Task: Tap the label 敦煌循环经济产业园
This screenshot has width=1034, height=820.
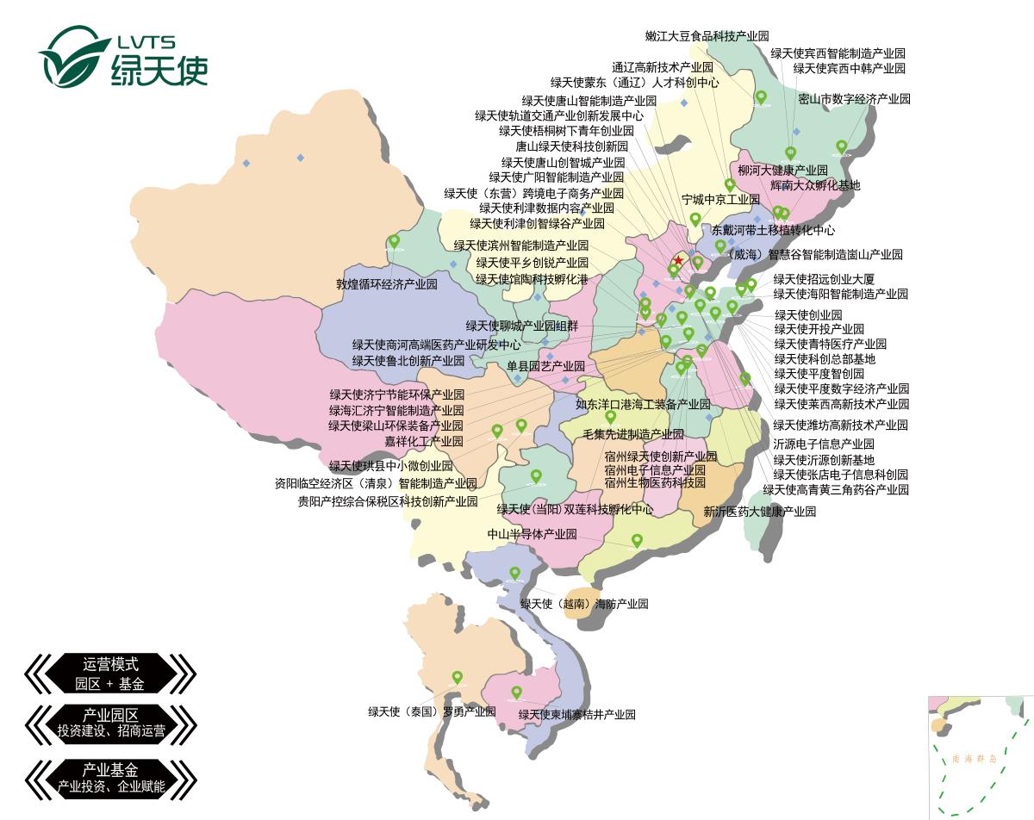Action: tap(386, 283)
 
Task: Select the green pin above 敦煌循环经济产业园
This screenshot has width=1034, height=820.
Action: tap(394, 241)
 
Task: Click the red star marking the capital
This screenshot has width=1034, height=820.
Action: tap(678, 260)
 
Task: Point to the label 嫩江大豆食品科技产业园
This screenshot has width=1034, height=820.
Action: tap(707, 36)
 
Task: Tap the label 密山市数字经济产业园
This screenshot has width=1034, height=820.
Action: tap(854, 99)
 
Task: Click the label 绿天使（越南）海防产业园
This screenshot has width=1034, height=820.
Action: tap(583, 604)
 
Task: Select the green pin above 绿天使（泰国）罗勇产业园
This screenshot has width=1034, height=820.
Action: tap(458, 677)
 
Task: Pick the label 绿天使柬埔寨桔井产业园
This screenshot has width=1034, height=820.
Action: tap(576, 714)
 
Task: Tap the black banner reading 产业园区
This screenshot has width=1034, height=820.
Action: tap(110, 722)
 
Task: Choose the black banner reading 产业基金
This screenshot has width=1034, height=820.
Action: tap(110, 776)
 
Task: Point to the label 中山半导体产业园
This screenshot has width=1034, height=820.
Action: tap(532, 534)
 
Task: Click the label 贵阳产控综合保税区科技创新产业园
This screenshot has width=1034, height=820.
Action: tap(388, 501)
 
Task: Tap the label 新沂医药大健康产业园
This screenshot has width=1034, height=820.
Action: tap(759, 512)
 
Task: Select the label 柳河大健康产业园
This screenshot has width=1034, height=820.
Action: tap(782, 171)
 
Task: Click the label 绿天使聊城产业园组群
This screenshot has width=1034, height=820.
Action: tap(522, 326)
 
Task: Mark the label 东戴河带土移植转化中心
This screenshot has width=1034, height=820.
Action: tap(773, 231)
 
